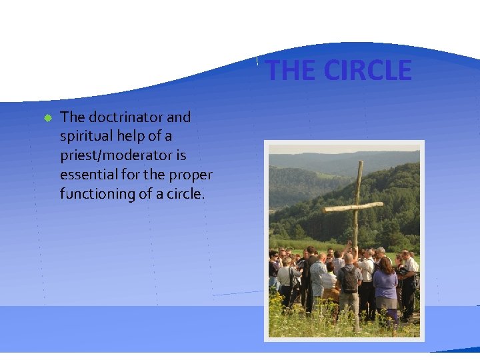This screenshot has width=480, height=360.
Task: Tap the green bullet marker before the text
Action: point(47,118)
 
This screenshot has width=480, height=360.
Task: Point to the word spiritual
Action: point(85,137)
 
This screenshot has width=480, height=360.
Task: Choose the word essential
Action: point(86,175)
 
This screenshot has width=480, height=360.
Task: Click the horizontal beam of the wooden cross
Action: point(353,207)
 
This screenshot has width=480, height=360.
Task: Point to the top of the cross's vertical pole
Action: point(360,164)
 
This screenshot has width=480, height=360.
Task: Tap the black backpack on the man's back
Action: point(348,278)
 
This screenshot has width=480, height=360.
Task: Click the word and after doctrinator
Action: point(178,117)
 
